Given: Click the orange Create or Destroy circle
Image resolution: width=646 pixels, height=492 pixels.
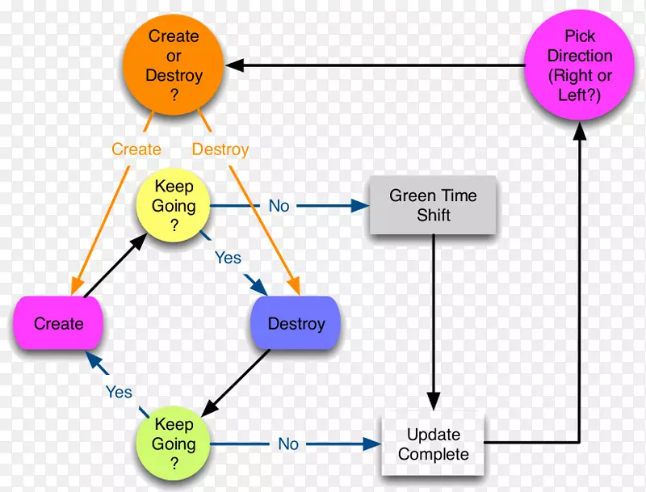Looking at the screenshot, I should tap(174, 64).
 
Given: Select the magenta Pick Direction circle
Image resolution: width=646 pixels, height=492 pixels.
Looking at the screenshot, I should tap(579, 64).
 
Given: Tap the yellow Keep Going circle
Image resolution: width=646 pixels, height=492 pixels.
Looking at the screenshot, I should tap(174, 205).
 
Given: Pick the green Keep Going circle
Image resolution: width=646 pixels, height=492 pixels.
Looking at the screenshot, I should tap(174, 443).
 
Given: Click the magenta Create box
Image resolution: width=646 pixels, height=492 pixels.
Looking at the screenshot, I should tap(59, 323).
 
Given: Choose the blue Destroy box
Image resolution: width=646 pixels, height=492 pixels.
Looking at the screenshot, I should tap(296, 323).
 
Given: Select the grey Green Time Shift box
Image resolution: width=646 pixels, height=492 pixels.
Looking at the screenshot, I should tap(433, 205).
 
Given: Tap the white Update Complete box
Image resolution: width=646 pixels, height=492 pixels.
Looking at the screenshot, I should tap(433, 444).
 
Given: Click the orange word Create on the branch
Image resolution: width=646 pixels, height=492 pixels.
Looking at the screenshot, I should tap(136, 149).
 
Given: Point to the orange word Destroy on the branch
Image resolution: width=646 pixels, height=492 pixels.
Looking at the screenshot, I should tap(220, 149).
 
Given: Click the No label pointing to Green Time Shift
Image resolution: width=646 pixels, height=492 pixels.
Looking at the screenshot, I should tap(279, 206).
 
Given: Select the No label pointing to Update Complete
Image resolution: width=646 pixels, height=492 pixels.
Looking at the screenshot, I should tap(288, 444).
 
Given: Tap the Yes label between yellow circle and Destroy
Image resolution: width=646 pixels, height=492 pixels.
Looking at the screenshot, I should tap(228, 258).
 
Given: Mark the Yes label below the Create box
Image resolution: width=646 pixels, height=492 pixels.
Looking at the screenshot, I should tap(119, 392).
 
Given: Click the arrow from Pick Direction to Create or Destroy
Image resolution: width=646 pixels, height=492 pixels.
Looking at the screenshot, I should tap(371, 65).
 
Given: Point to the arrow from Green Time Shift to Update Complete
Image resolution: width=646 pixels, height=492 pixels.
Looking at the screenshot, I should tap(434, 315).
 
